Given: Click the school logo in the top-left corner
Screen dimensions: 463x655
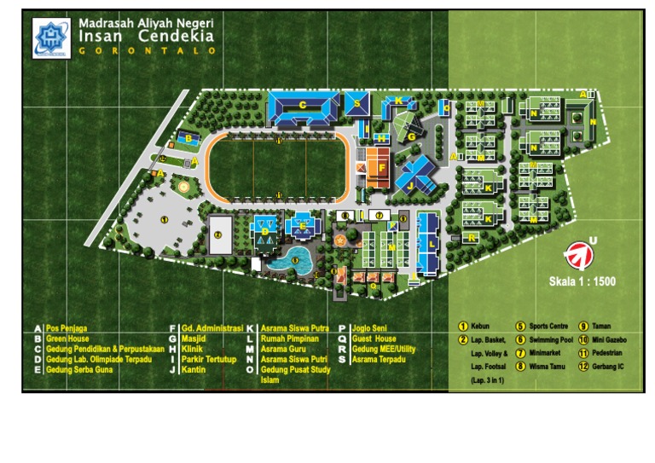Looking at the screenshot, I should click(x=50, y=38).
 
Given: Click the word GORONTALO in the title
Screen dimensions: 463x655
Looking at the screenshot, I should click(x=147, y=51).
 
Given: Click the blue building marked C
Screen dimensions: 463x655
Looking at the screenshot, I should click(x=303, y=107).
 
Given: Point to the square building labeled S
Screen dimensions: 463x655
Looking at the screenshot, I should click(x=357, y=104).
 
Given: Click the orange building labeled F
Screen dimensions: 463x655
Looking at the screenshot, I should click(x=377, y=167).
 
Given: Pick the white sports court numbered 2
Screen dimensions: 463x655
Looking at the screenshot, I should click(x=220, y=234).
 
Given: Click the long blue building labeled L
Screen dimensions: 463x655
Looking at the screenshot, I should click(x=430, y=243).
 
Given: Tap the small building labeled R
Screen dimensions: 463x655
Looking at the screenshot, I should click(x=472, y=238).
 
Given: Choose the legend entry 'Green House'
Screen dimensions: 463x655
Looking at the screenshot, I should click(x=68, y=339).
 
